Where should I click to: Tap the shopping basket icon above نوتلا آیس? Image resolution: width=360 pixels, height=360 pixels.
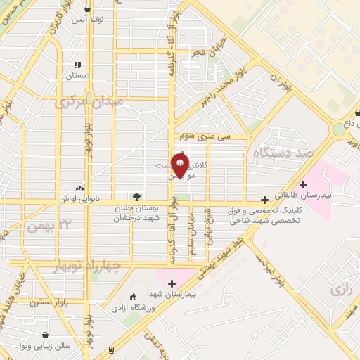click(x=86, y=9)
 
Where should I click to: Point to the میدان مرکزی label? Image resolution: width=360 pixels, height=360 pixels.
click(x=89, y=103)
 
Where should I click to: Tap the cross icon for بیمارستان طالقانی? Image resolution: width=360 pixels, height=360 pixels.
click(x=303, y=184)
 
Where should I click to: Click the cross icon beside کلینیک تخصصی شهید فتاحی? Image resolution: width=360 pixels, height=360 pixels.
click(x=264, y=200)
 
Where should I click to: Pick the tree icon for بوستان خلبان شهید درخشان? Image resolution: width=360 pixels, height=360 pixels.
click(x=136, y=197)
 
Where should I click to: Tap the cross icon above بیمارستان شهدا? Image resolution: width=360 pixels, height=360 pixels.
click(x=172, y=283)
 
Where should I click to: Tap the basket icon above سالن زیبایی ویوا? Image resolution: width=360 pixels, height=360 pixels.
click(x=46, y=335)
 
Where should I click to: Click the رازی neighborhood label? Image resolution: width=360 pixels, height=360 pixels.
click(x=339, y=290)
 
